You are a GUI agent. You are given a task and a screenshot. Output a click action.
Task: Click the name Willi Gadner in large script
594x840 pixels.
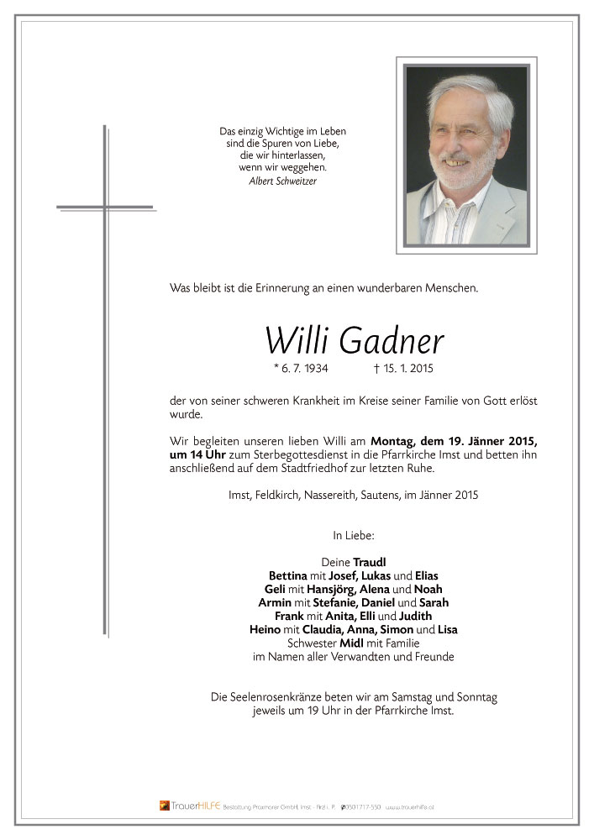coord(354,340)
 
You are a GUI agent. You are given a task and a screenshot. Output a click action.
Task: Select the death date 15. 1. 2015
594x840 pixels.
coord(404,368)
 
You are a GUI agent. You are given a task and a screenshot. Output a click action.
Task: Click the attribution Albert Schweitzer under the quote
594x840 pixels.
coord(283,181)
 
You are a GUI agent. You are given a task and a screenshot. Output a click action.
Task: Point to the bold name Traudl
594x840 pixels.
coord(371,562)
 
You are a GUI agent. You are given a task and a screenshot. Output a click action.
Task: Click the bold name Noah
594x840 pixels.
coord(428,589)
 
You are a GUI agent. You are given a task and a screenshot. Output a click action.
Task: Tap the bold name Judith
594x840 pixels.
coord(416,616)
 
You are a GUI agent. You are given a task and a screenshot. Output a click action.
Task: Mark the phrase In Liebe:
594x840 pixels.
coord(354,534)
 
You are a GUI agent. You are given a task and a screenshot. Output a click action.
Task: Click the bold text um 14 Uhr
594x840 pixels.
coord(195,454)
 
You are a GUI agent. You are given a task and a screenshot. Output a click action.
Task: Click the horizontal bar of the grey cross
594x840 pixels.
coord(105,207)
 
